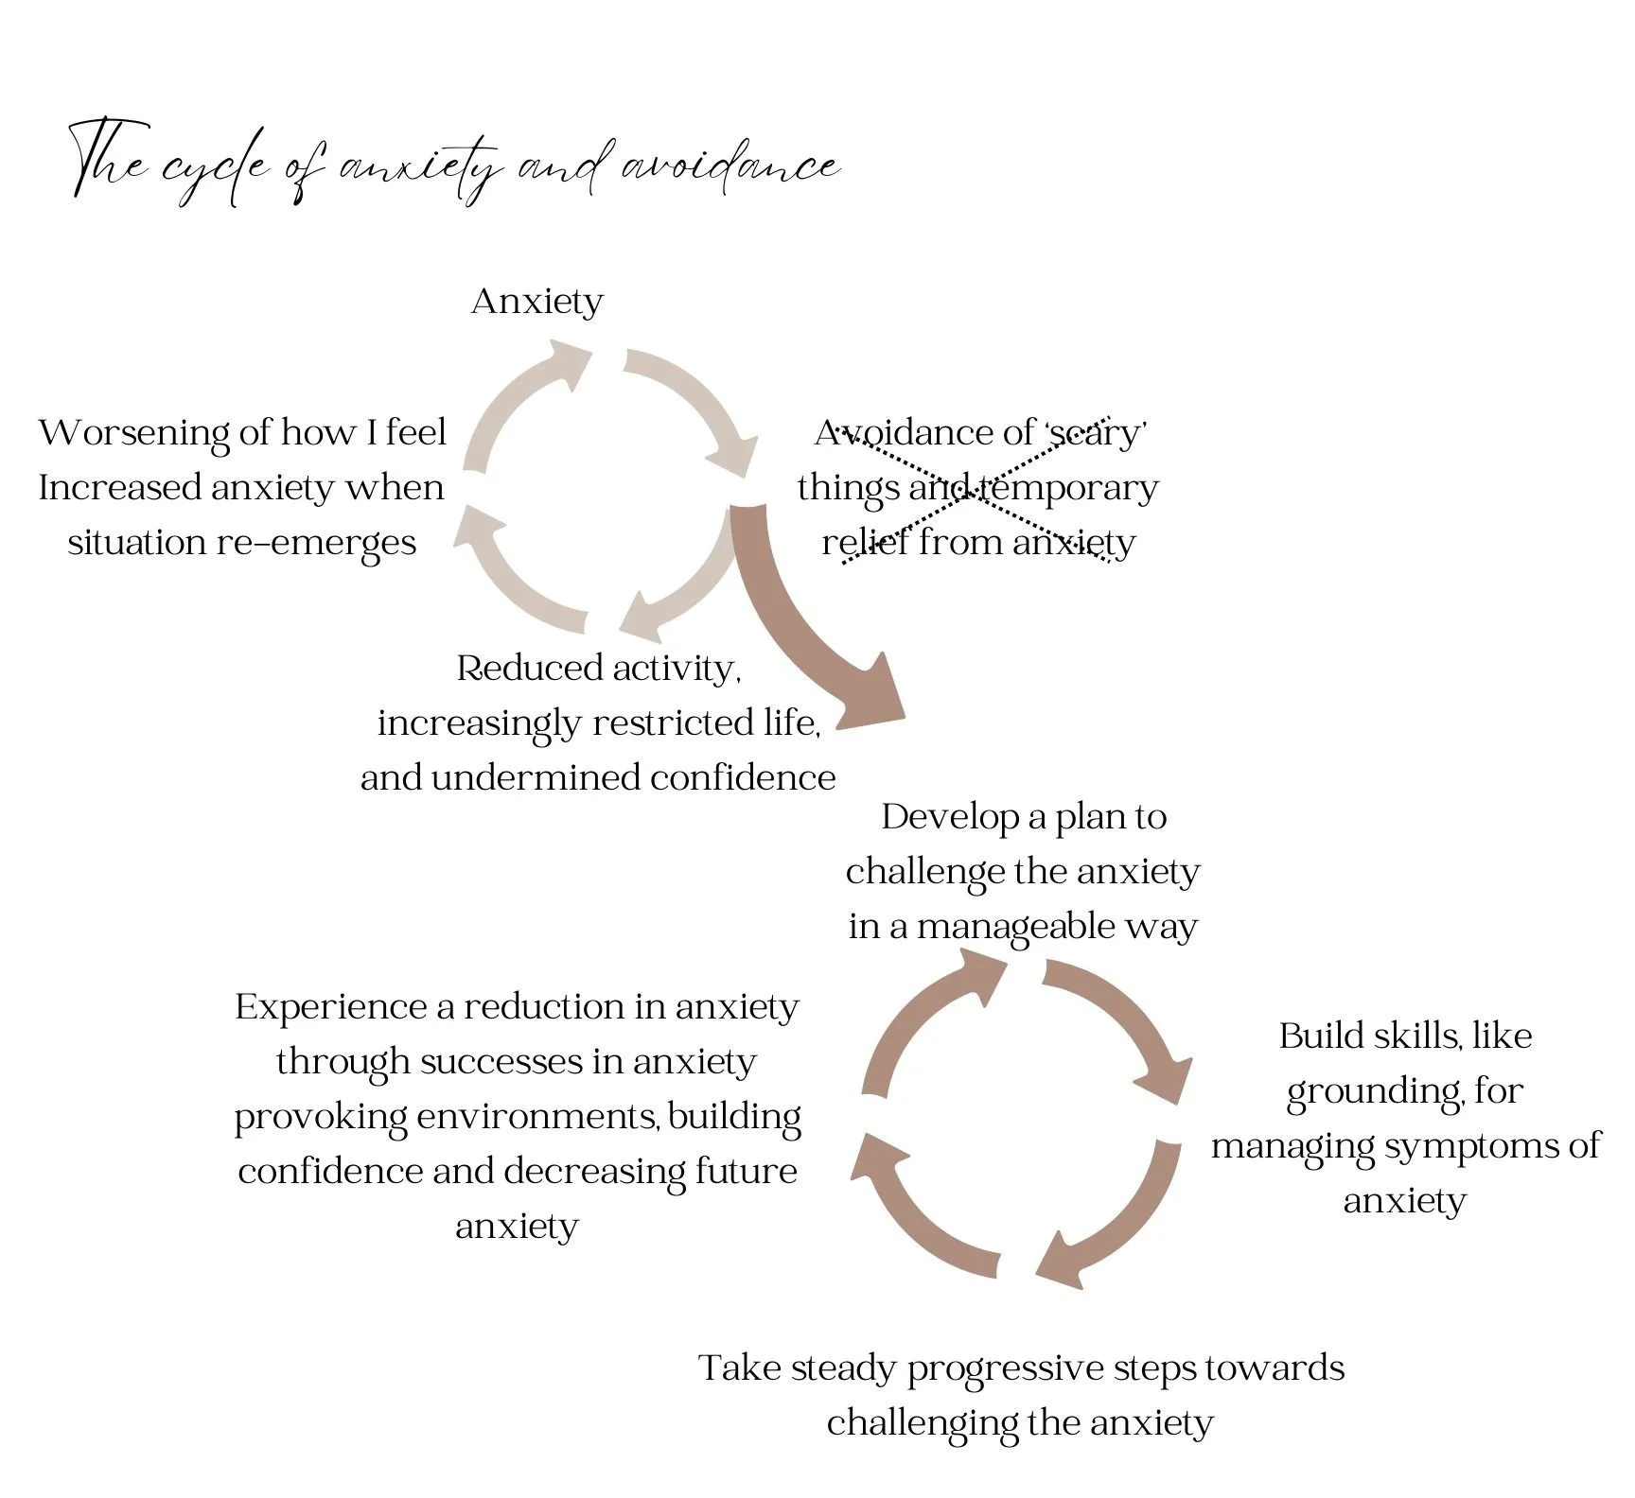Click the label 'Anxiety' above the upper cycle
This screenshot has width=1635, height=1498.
point(536,302)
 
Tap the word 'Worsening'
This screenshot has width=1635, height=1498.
point(134,433)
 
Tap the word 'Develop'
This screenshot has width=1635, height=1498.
point(949,817)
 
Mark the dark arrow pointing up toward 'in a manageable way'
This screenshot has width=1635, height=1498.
point(923,1021)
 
